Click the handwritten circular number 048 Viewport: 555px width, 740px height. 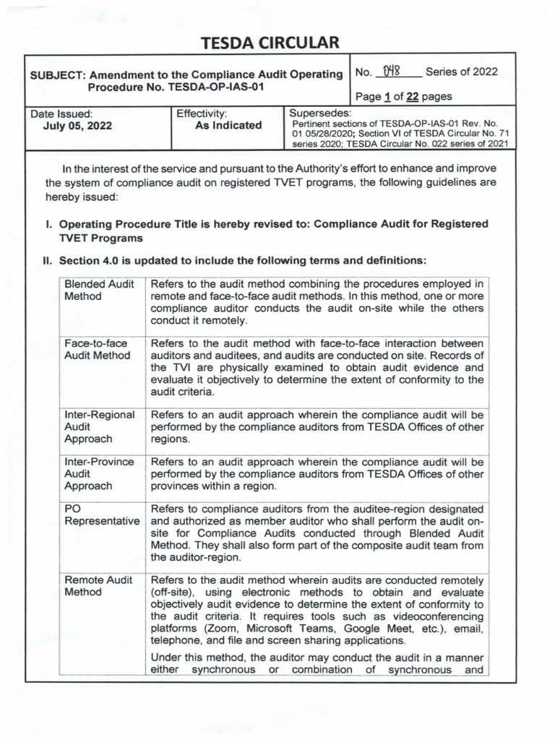pyautogui.click(x=392, y=72)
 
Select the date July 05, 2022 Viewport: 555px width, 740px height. pyautogui.click(x=77, y=126)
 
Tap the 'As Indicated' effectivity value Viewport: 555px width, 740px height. pyautogui.click(x=228, y=125)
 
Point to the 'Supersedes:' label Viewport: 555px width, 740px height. pyautogui.click(x=320, y=113)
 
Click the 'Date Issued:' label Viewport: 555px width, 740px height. pyautogui.click(x=61, y=113)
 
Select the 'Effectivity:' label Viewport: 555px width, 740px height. pyautogui.click(x=202, y=113)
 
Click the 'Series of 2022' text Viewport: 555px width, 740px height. pyautogui.click(x=461, y=72)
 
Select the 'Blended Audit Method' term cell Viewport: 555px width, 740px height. pyautogui.click(x=99, y=290)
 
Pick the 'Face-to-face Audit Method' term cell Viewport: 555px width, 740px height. pyautogui.click(x=98, y=349)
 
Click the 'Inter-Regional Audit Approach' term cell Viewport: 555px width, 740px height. pyautogui.click(x=100, y=426)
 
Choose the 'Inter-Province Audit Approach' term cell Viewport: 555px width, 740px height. pyautogui.click(x=99, y=473)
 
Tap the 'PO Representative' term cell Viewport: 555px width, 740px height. pyautogui.click(x=100, y=515)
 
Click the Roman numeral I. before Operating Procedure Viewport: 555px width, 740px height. pyautogui.click(x=49, y=224)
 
